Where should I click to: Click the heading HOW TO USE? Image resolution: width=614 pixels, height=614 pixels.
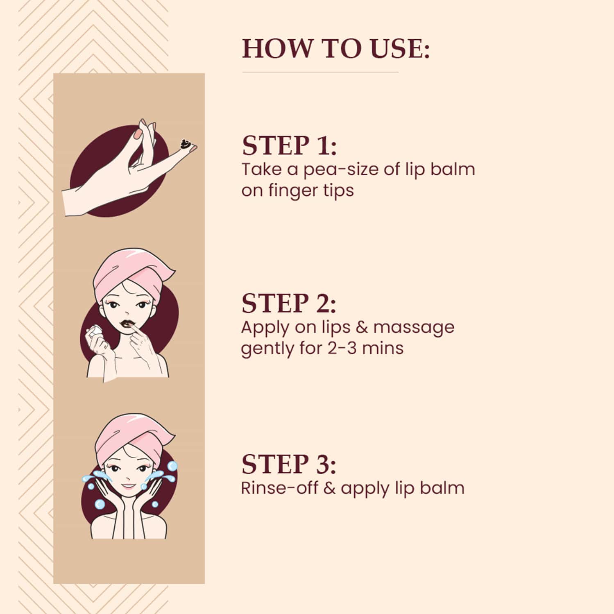tap(336, 48)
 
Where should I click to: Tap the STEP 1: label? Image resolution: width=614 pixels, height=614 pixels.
tap(289, 145)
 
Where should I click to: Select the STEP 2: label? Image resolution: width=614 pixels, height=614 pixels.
tap(289, 304)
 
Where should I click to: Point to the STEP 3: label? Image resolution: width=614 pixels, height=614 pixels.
tap(289, 464)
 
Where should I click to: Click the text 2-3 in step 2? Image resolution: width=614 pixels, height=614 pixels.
tap(342, 349)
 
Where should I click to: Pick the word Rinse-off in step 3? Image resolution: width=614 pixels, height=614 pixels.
tap(279, 488)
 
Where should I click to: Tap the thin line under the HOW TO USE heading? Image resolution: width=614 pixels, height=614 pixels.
tap(320, 72)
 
